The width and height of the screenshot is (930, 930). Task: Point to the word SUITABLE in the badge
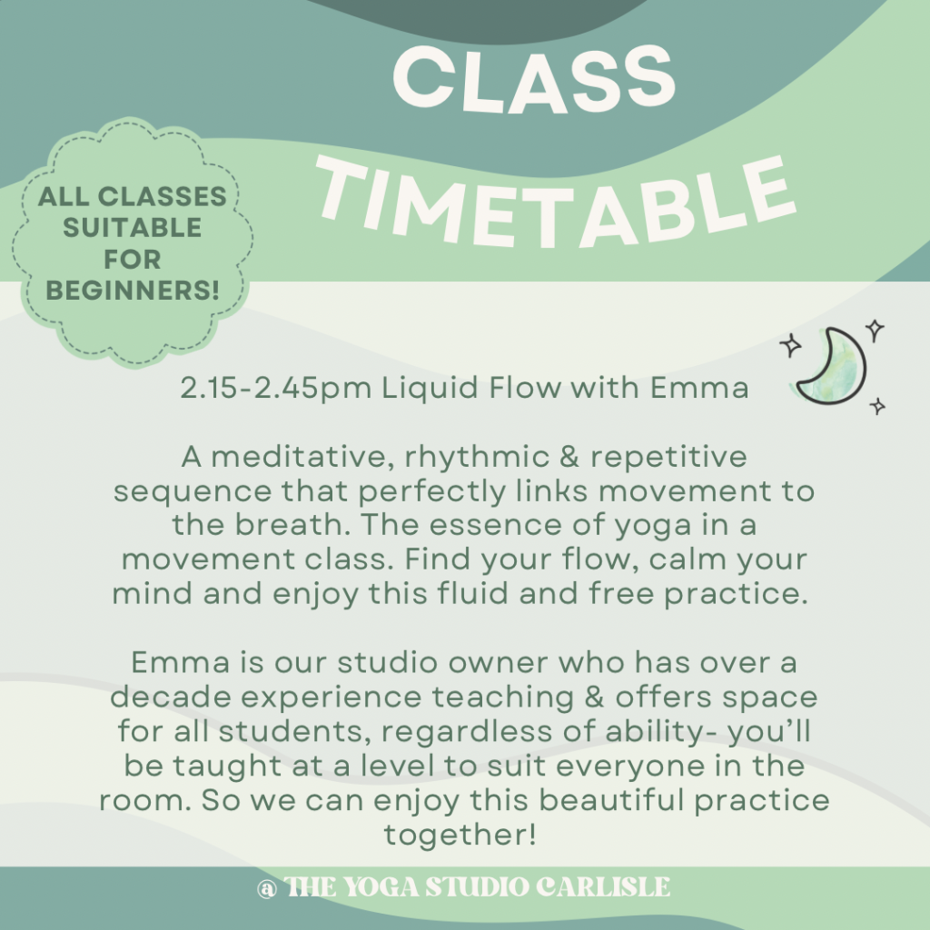click(133, 229)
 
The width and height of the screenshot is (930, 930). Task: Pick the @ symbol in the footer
click(266, 887)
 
